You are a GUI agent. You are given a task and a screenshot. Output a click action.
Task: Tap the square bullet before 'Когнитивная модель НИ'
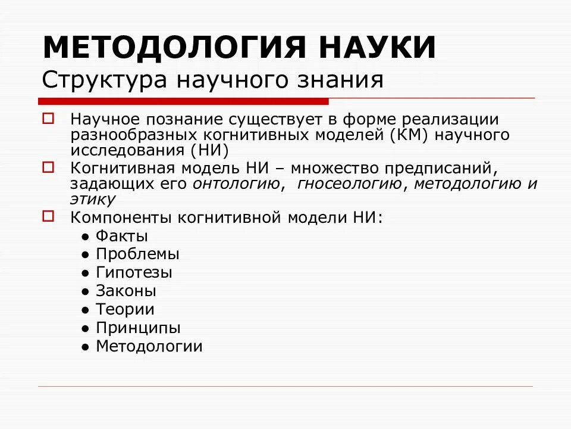(x=48, y=167)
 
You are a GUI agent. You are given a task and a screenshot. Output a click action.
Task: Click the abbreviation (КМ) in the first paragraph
(x=409, y=135)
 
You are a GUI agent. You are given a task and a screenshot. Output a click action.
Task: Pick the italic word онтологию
(x=237, y=184)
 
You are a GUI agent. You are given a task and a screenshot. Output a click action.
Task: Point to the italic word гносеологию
(x=349, y=184)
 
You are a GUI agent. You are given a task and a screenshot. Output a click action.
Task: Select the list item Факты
(x=121, y=236)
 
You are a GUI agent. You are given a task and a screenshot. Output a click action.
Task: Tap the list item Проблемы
(x=137, y=254)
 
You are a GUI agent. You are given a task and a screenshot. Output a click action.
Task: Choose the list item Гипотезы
(x=134, y=273)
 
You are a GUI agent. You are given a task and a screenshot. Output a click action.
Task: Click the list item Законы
(x=126, y=291)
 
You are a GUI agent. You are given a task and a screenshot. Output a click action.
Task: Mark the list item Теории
(x=125, y=309)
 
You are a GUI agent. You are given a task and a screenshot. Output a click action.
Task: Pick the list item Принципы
(x=138, y=328)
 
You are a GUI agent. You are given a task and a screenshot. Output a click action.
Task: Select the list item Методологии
(x=149, y=346)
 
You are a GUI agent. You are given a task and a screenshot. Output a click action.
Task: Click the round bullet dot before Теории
(x=86, y=310)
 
